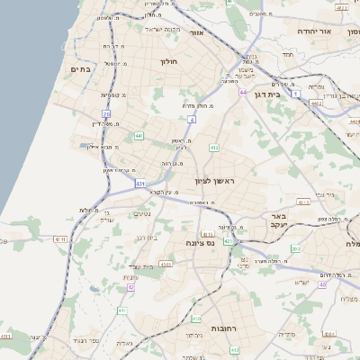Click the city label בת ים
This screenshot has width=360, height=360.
80,69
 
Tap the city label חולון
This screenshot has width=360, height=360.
169,62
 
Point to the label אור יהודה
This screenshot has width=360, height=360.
315,31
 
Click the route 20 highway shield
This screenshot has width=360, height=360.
106,113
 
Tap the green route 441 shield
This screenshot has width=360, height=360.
139,135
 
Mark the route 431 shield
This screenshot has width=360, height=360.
140,184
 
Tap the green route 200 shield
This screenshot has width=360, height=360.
294,248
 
